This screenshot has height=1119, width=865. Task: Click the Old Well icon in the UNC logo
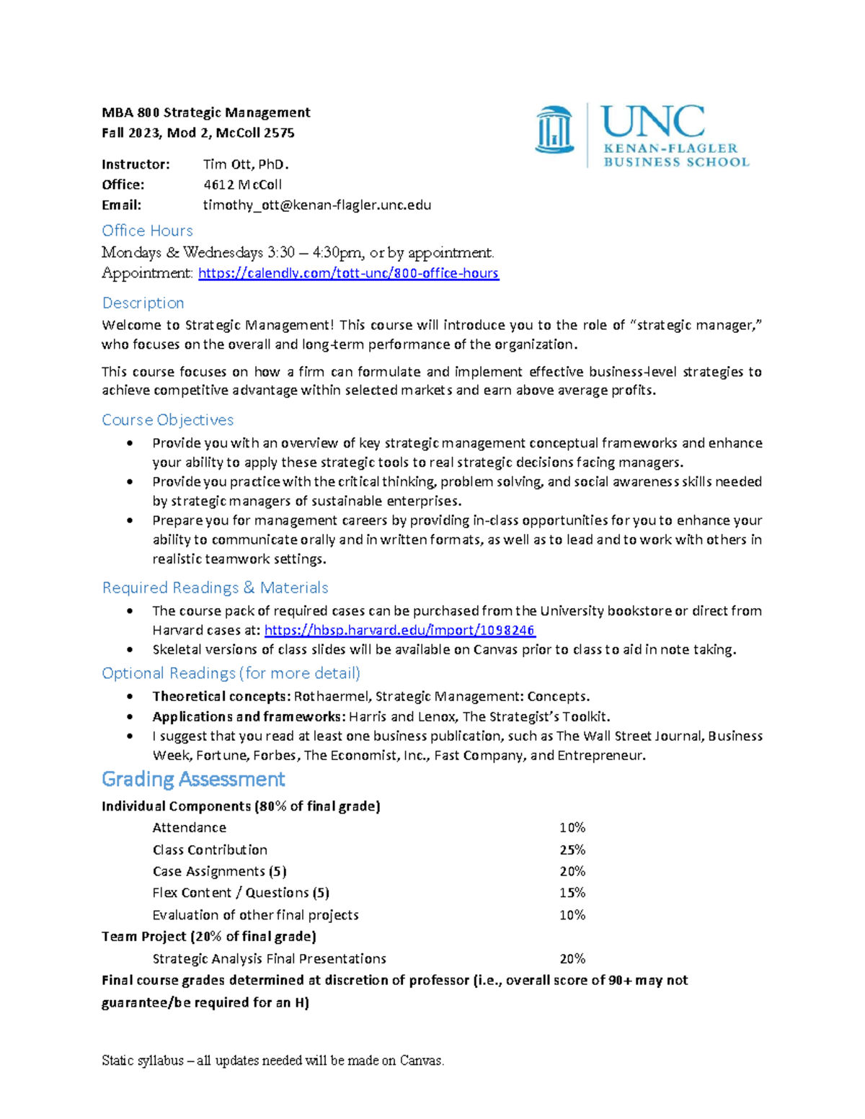[554, 130]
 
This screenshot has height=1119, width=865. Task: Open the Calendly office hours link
[348, 273]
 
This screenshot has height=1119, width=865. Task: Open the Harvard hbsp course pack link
[399, 630]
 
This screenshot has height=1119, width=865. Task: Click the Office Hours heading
[147, 231]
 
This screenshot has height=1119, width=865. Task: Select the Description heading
[143, 303]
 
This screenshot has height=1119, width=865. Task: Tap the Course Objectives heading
[167, 420]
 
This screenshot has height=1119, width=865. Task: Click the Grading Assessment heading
[193, 780]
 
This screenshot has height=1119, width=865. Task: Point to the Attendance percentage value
[572, 828]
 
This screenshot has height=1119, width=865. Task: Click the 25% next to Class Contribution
[572, 850]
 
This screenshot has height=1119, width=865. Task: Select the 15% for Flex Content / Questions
[572, 893]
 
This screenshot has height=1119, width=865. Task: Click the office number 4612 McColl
[242, 185]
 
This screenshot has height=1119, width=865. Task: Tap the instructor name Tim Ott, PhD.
[246, 164]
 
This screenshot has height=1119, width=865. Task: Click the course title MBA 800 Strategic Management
[205, 112]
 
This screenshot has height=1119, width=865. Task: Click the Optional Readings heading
[231, 674]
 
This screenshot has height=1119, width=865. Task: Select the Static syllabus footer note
[272, 1061]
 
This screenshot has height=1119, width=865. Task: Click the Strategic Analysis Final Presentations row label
[269, 959]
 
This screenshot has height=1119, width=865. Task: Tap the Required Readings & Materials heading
[215, 588]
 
